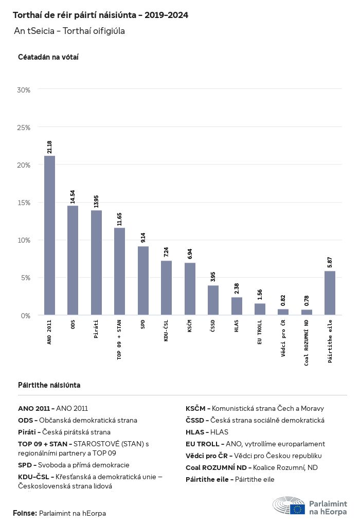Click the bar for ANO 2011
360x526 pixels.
(x=49, y=235)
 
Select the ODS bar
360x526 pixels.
(x=73, y=260)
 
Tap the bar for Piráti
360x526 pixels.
(x=96, y=262)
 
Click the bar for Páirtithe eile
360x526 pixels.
(x=330, y=293)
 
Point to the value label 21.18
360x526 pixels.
(x=49, y=147)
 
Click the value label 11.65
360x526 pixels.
(x=119, y=219)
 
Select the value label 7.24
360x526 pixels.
(x=166, y=252)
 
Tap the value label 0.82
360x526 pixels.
(x=283, y=301)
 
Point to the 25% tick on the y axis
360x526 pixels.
(x=24, y=128)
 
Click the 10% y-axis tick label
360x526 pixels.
(x=24, y=240)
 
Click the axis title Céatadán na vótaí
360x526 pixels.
(x=48, y=57)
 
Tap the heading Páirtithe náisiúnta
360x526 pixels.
(x=49, y=385)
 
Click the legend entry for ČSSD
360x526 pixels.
(x=255, y=420)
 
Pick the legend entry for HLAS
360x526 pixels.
(x=207, y=432)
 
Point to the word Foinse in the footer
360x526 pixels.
(x=24, y=513)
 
